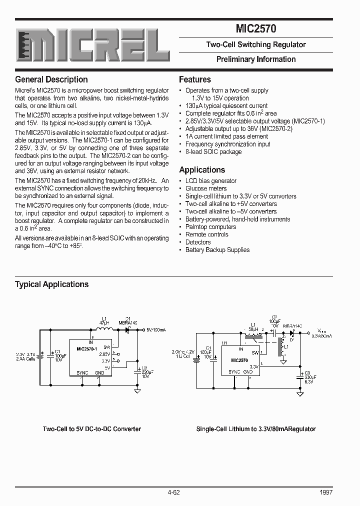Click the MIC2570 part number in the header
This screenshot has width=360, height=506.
click(255, 29)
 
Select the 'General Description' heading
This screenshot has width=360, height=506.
click(51, 79)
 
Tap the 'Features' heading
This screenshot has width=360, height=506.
click(195, 79)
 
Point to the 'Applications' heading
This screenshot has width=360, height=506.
click(202, 169)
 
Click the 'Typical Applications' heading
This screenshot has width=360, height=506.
click(51, 284)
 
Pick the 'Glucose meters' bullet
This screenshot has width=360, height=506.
click(206, 188)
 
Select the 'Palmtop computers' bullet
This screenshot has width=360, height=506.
click(210, 226)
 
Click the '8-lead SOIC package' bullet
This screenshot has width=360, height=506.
click(213, 151)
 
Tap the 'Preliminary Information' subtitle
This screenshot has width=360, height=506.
click(255, 59)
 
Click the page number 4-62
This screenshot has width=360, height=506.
click(174, 492)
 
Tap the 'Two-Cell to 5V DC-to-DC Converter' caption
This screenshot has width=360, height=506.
click(92, 428)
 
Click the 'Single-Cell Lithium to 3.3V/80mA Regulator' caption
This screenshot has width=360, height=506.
click(255, 428)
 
